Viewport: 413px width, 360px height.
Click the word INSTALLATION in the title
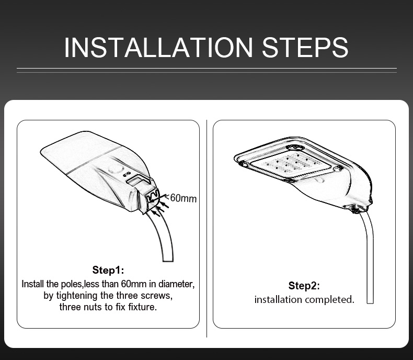coord(158,48)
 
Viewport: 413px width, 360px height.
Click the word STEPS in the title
coord(305,48)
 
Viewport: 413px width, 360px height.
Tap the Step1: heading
coord(108,270)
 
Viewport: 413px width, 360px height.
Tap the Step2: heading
coord(304,286)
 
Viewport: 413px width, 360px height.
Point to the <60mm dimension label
coord(181,198)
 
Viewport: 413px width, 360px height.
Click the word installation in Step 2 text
coord(278,300)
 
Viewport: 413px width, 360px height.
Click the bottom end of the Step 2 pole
coord(370,302)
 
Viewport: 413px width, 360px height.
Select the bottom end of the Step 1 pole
coord(168,261)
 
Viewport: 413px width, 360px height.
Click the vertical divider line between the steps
coord(207,229)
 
